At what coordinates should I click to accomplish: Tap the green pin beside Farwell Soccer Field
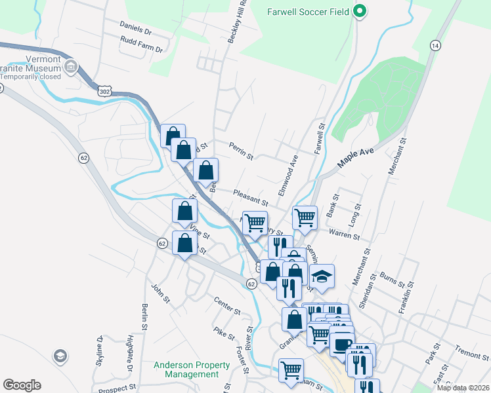coord(359,11)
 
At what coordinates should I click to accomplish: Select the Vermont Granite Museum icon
coord(72,66)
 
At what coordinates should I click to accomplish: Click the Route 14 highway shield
coord(435,45)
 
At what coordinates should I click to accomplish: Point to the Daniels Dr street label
coord(135,31)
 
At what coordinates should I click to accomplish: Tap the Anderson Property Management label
coord(186,369)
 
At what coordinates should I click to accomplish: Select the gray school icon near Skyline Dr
coord(60,356)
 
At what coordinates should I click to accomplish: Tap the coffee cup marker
coord(341,344)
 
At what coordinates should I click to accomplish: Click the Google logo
coord(22,384)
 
